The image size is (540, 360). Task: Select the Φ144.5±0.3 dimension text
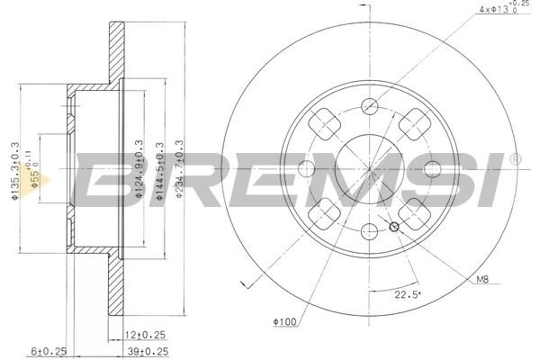159,171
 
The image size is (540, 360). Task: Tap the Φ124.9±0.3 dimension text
139,169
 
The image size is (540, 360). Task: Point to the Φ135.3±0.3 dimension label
14,171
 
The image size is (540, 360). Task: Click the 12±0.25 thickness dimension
145,335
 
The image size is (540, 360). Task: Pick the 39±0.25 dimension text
148,351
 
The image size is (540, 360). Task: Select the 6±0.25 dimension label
49,351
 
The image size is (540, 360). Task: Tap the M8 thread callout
482,279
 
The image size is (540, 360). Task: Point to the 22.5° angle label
408,294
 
